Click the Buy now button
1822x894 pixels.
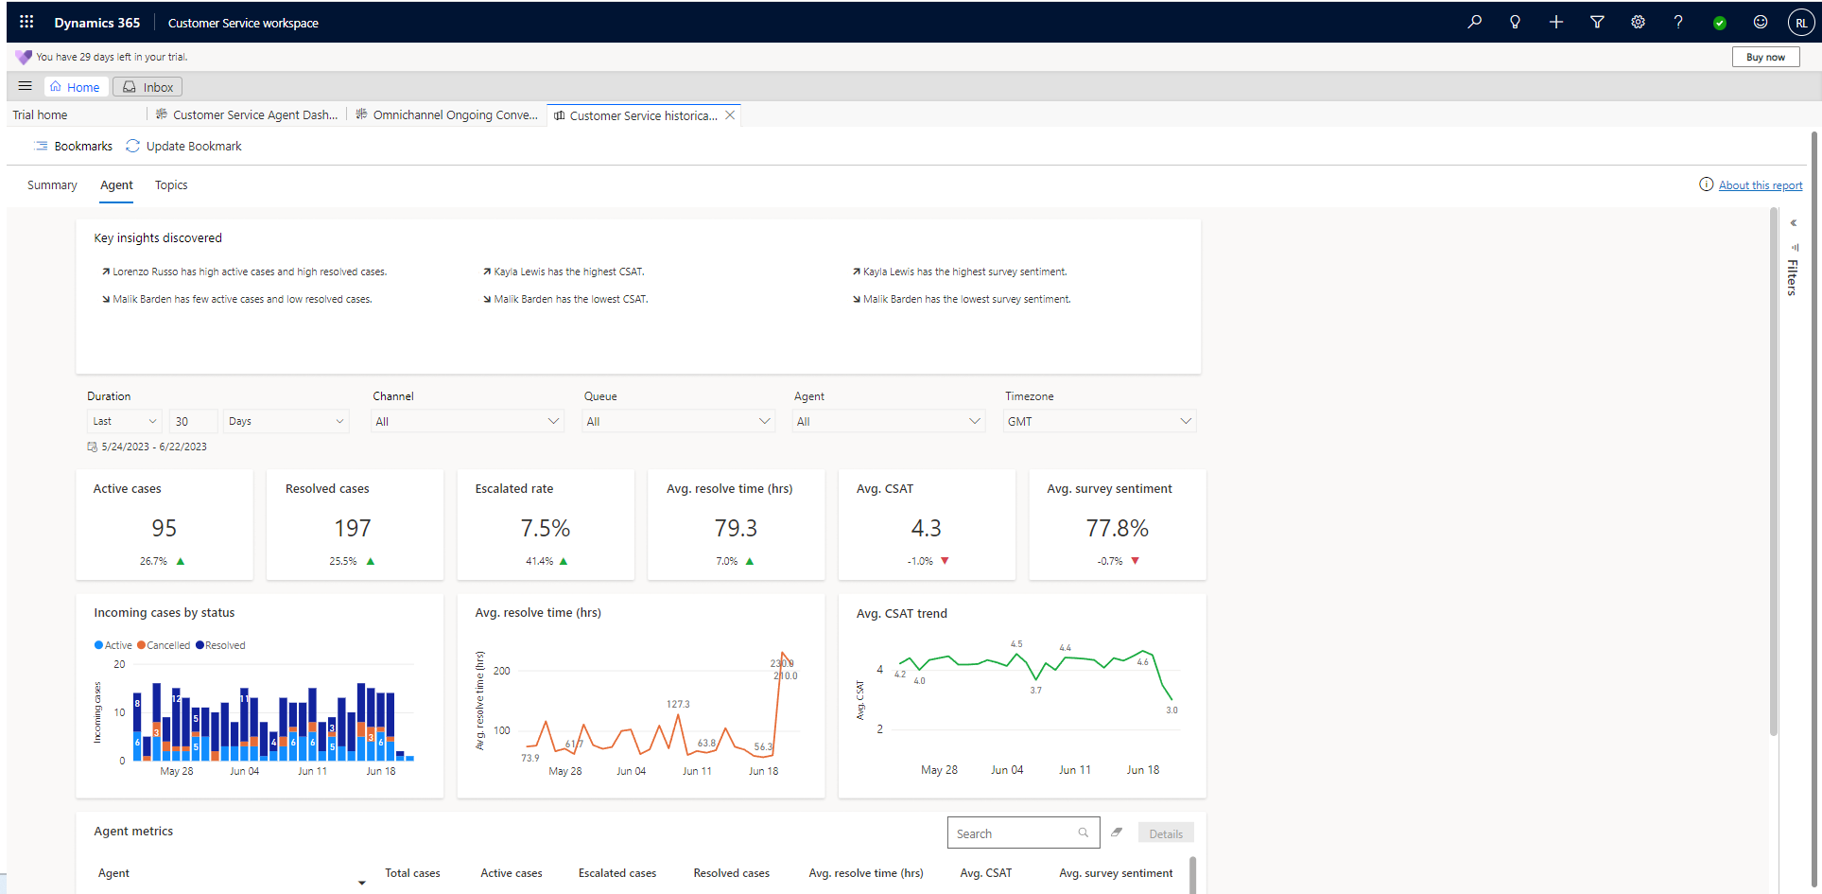pos(1764,57)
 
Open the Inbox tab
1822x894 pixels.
pos(147,87)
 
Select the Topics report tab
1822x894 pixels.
pos(171,185)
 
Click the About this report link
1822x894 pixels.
pos(1760,185)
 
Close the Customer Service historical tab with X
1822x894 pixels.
pos(730,115)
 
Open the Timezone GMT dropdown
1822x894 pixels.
pos(1099,421)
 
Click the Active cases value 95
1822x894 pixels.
pos(165,528)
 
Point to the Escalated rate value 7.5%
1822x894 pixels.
pos(546,528)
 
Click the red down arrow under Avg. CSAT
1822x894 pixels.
pos(945,561)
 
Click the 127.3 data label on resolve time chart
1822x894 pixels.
pos(678,704)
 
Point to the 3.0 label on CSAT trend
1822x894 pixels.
pos(1171,710)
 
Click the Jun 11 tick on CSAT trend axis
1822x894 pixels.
pos(1074,770)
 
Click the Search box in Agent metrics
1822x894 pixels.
pos(1014,833)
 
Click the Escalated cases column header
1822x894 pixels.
pos(616,873)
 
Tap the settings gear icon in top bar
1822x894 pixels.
pos(1638,23)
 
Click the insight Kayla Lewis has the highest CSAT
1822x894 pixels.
pos(568,272)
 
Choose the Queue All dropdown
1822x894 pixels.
pos(678,421)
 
